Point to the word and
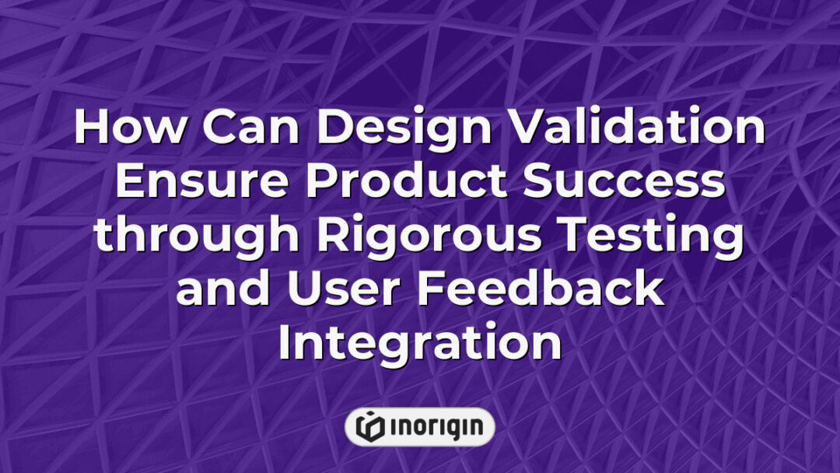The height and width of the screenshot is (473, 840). tap(222, 289)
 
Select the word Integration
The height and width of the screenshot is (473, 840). tap(420, 345)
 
